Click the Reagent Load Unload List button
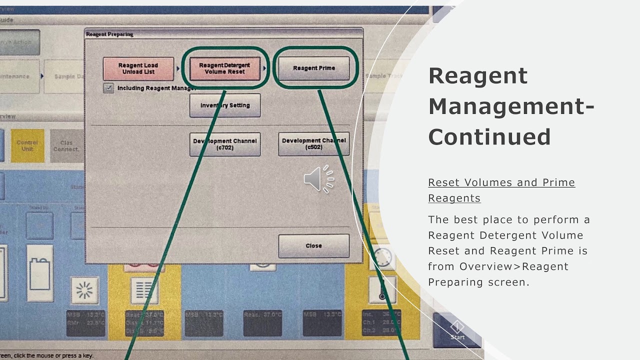pyautogui.click(x=138, y=68)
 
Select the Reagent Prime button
pyautogui.click(x=313, y=68)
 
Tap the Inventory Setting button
pyautogui.click(x=224, y=105)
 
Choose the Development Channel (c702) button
pyautogui.click(x=224, y=144)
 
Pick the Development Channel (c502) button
pyautogui.click(x=313, y=144)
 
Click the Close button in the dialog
pyautogui.click(x=313, y=245)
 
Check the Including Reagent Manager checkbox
pyautogui.click(x=108, y=88)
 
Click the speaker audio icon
pyautogui.click(x=318, y=178)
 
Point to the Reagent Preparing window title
pyautogui.click(x=109, y=34)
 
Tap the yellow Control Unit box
pyautogui.click(x=27, y=145)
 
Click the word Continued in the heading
pyautogui.click(x=489, y=137)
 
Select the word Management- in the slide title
pyautogui.click(x=511, y=106)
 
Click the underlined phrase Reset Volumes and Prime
pyautogui.click(x=501, y=182)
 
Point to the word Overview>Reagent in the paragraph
pyautogui.click(x=514, y=266)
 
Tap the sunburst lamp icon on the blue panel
pyautogui.click(x=84, y=290)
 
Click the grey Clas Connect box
pyautogui.click(x=66, y=145)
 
